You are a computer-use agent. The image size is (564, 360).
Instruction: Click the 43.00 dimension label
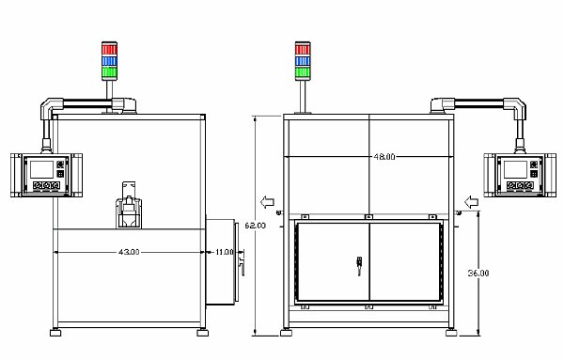click(x=129, y=252)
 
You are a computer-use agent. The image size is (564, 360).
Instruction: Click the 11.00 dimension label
click(x=225, y=252)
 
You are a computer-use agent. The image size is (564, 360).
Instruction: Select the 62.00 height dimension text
click(x=256, y=226)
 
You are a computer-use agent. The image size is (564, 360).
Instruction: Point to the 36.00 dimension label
click(x=478, y=273)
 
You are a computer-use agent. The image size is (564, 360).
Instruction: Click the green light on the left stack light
click(x=109, y=70)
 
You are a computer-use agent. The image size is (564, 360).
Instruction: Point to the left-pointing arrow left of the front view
click(x=268, y=201)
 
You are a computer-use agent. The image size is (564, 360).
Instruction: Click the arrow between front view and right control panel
click(x=469, y=201)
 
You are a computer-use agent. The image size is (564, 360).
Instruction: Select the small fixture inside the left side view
click(x=128, y=207)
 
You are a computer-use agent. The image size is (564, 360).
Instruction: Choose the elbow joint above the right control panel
click(x=516, y=106)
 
